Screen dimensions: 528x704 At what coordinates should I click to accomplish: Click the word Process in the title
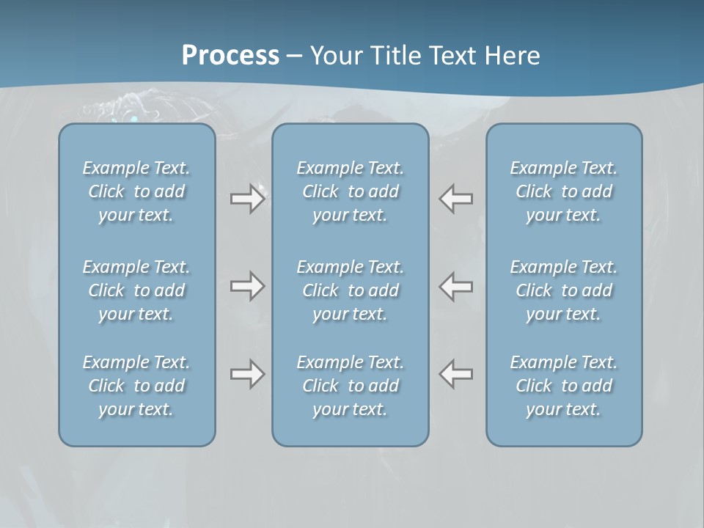click(230, 56)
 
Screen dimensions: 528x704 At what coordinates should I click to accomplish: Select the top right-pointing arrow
click(247, 199)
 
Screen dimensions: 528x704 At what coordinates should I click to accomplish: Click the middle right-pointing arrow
click(247, 286)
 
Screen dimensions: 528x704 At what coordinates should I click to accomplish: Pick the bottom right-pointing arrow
click(247, 374)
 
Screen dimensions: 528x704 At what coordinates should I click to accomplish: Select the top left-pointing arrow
click(456, 199)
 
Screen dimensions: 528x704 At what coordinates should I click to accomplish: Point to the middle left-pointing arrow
click(456, 286)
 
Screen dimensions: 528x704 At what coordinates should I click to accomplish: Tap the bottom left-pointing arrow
click(456, 374)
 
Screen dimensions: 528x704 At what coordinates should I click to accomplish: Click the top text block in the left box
click(136, 191)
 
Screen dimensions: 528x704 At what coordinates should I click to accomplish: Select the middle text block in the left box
click(136, 290)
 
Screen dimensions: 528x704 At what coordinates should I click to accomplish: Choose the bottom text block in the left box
click(136, 386)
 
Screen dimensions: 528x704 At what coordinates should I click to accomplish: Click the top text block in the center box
click(350, 191)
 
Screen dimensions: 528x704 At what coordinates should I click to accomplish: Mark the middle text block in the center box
click(350, 290)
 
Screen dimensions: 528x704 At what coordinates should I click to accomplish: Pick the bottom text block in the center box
click(350, 386)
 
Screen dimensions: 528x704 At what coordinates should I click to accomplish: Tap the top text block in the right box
click(564, 191)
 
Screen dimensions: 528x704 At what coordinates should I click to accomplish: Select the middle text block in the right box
click(564, 290)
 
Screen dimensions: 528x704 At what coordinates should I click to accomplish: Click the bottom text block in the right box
click(564, 386)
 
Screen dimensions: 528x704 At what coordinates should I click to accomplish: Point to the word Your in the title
click(335, 56)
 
